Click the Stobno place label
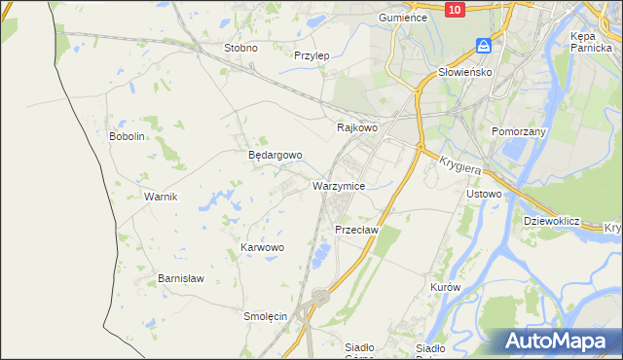point(240,48)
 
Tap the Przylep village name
point(312,55)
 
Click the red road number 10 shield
point(455,9)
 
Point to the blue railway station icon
point(484,46)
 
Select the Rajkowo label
point(356,127)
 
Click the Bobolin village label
point(128,136)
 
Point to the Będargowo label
point(275,155)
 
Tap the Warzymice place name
point(339,185)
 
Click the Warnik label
point(161,197)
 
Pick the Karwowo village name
point(262,248)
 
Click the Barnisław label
point(181,278)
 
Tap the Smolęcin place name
point(265,316)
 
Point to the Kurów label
point(445,289)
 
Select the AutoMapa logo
point(560,341)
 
